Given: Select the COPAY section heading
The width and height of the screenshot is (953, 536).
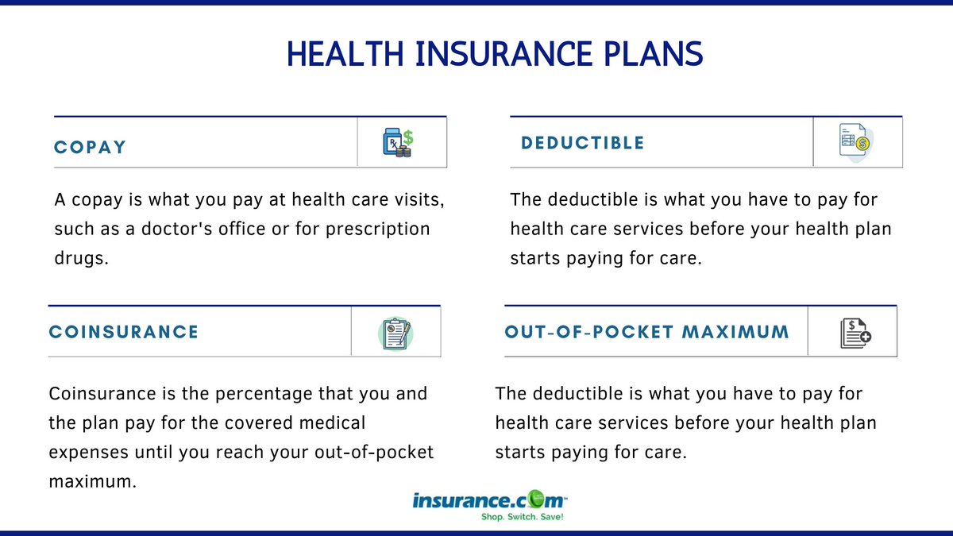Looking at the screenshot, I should point(90,148).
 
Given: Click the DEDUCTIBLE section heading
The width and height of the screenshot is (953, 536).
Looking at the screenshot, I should point(582,143).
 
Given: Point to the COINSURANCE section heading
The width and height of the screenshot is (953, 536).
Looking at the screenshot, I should point(123,332).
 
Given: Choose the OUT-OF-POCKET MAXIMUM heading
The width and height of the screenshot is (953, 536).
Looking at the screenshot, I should point(646,331).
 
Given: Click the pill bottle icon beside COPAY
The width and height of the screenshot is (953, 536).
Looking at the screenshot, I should point(397,143).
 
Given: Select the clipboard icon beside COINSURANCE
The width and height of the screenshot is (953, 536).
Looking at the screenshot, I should point(395,332).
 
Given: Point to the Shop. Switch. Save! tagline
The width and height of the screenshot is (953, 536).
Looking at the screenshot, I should point(522,518).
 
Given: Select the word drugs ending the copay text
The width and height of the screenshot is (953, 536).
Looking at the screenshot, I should point(80,259).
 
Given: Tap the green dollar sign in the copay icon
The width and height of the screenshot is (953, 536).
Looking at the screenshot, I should point(408,137).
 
